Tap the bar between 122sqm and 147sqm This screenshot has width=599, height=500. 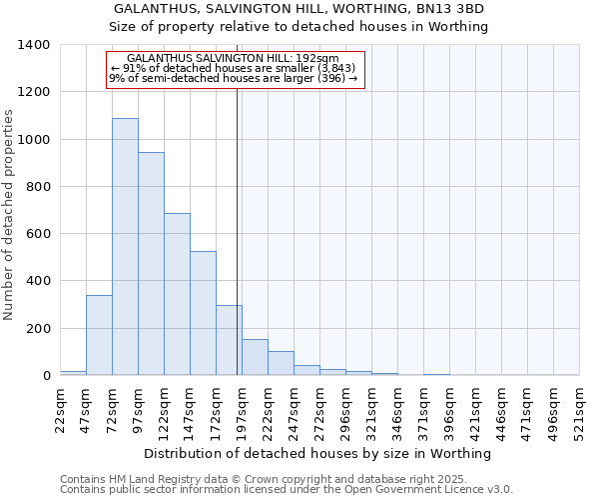click(x=177, y=294)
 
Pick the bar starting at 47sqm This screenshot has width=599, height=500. click(x=99, y=335)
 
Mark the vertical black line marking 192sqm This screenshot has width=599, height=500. click(x=237, y=230)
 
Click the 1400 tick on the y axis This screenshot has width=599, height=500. click(x=34, y=45)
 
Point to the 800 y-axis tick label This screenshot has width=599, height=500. click(x=38, y=187)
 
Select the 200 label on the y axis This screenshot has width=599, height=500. click(x=38, y=329)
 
